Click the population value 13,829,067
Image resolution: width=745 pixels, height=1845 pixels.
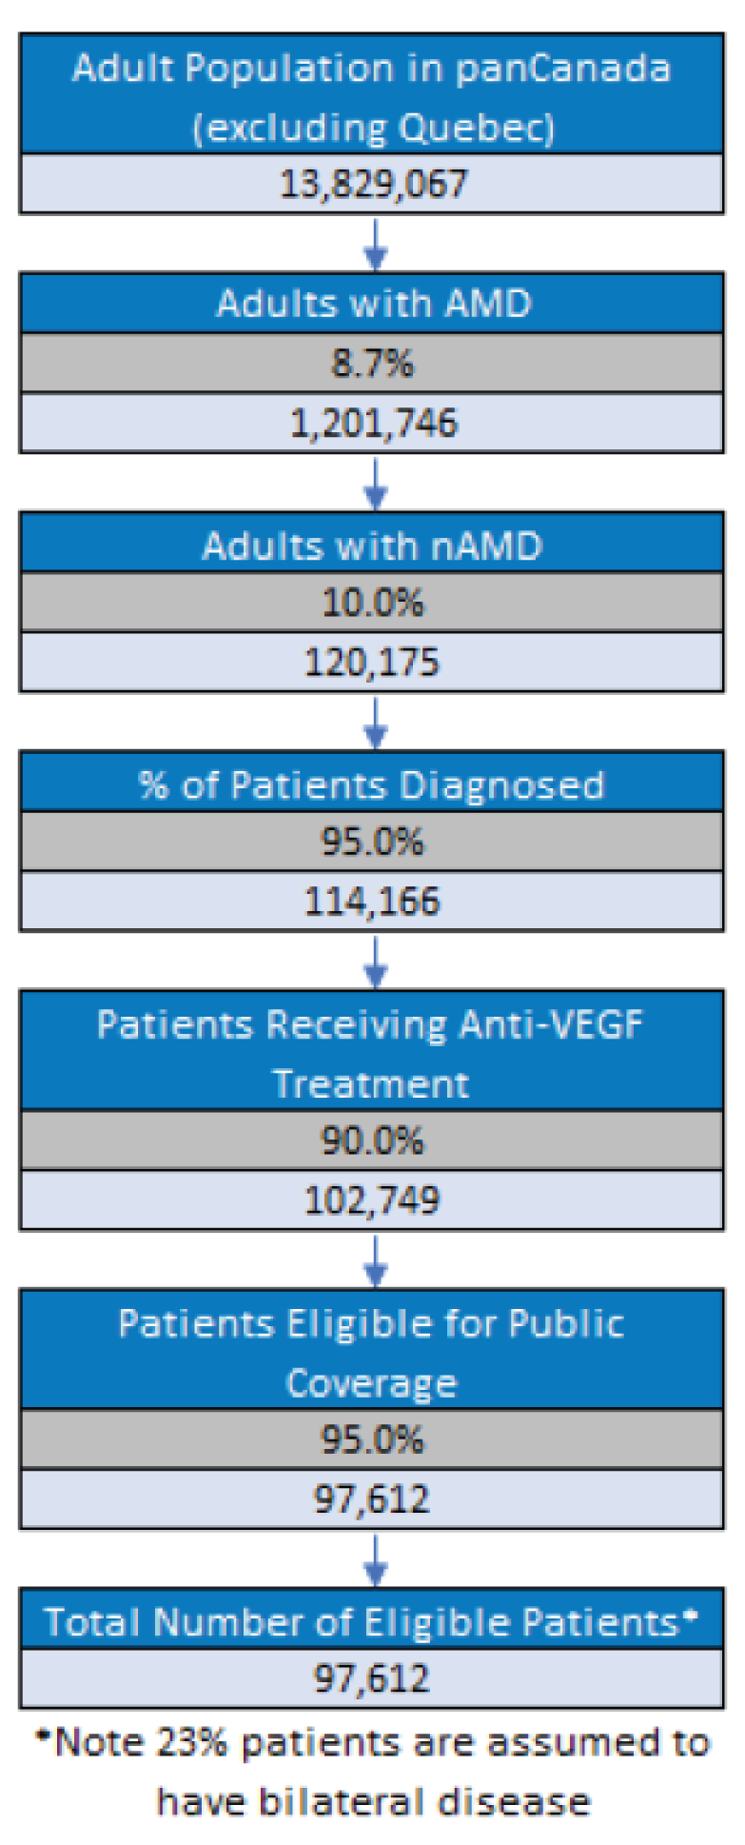point(373,184)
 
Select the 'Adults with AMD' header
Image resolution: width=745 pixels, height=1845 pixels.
point(373,304)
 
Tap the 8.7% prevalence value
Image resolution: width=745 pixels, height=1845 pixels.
point(373,363)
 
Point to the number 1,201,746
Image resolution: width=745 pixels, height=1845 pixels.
point(373,423)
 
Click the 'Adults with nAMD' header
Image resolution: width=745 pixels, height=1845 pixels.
point(373,546)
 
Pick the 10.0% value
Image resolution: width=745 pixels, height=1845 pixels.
point(373,603)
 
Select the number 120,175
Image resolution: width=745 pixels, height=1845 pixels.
point(373,662)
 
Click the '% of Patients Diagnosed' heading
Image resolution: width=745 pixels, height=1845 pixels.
point(373,785)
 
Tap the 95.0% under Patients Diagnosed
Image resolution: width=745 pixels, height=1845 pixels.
point(373,842)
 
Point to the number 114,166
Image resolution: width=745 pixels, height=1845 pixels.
point(373,901)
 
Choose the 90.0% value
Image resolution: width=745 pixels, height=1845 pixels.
point(373,1141)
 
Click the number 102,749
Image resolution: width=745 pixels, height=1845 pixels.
point(373,1200)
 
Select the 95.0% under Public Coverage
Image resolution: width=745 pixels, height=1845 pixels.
point(373,1439)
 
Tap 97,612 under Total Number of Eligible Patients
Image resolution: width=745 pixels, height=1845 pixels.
point(373,1677)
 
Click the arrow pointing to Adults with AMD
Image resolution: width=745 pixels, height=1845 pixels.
point(376,245)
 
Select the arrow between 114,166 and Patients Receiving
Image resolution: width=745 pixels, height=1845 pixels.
point(376,962)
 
